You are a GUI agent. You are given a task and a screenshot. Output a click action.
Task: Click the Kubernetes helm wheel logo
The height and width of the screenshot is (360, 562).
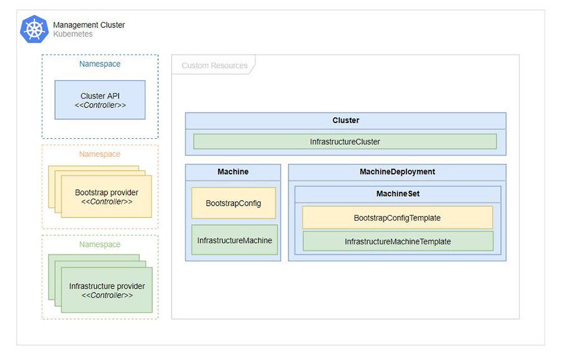pyautogui.click(x=34, y=29)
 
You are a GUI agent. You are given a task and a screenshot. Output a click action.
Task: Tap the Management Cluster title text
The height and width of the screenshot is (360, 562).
pyautogui.click(x=89, y=25)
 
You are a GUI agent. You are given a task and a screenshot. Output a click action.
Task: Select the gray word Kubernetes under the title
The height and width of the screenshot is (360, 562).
pyautogui.click(x=72, y=34)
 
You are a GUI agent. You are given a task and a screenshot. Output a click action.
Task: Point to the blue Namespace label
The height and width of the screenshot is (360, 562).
pyautogui.click(x=100, y=64)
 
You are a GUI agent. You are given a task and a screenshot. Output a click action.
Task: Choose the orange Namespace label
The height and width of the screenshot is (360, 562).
pyautogui.click(x=100, y=154)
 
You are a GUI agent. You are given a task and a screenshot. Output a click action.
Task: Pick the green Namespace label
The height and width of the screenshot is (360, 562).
pyautogui.click(x=100, y=244)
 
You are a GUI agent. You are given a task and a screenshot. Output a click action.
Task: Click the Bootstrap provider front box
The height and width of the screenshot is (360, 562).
pyautogui.click(x=106, y=197)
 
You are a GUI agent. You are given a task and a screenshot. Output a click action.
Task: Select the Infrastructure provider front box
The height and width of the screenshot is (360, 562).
pyautogui.click(x=107, y=291)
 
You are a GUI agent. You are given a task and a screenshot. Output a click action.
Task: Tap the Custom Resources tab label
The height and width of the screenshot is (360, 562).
pyautogui.click(x=214, y=66)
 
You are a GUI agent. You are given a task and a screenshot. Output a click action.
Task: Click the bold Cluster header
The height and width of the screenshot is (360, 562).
pyautogui.click(x=345, y=121)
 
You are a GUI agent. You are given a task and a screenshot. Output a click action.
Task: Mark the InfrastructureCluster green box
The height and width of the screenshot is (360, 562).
pyautogui.click(x=345, y=142)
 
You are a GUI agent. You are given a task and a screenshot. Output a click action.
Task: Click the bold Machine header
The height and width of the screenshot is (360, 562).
pyautogui.click(x=233, y=172)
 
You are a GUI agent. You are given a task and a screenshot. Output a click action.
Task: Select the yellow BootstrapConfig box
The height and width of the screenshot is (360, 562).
pyautogui.click(x=234, y=203)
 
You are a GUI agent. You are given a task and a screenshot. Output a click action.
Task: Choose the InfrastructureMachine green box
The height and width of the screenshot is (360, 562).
pyautogui.click(x=234, y=240)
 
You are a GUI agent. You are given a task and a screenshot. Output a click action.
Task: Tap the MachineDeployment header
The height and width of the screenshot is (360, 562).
pyautogui.click(x=397, y=172)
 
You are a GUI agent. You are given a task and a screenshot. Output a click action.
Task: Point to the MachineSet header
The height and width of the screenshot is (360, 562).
pyautogui.click(x=398, y=194)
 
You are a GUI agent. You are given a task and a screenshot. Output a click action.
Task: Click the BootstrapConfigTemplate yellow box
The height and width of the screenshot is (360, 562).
pyautogui.click(x=397, y=218)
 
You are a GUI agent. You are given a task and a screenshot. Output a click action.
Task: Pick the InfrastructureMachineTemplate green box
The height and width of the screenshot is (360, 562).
pyautogui.click(x=398, y=241)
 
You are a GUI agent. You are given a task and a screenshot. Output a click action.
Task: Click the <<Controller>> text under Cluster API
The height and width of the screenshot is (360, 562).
pyautogui.click(x=100, y=106)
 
